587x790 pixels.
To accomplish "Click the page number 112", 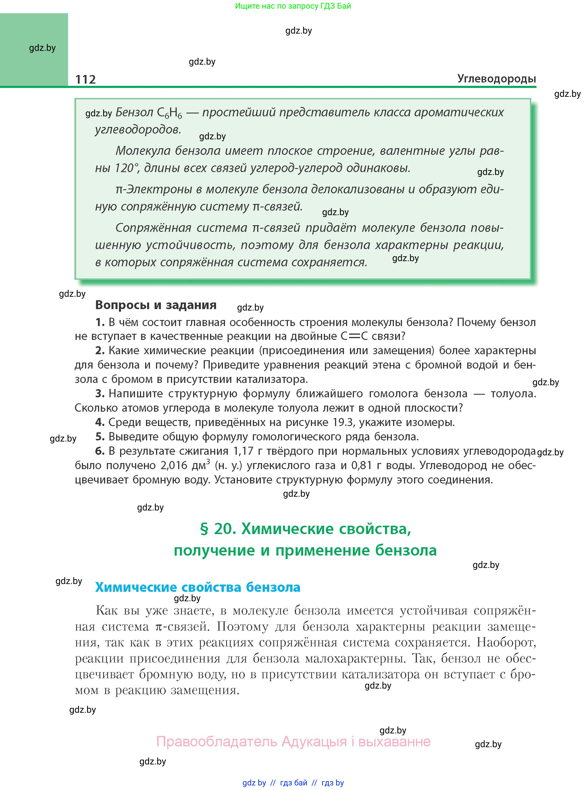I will (x=86, y=79).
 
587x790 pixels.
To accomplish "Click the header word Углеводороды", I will (x=496, y=78).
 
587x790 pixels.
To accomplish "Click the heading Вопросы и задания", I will (x=156, y=305).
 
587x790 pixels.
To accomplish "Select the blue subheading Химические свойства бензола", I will (x=198, y=587).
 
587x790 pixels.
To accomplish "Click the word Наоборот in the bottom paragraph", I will (x=506, y=642).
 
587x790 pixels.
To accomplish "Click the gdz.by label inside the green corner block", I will (x=42, y=48).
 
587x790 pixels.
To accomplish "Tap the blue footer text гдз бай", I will (x=294, y=783).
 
